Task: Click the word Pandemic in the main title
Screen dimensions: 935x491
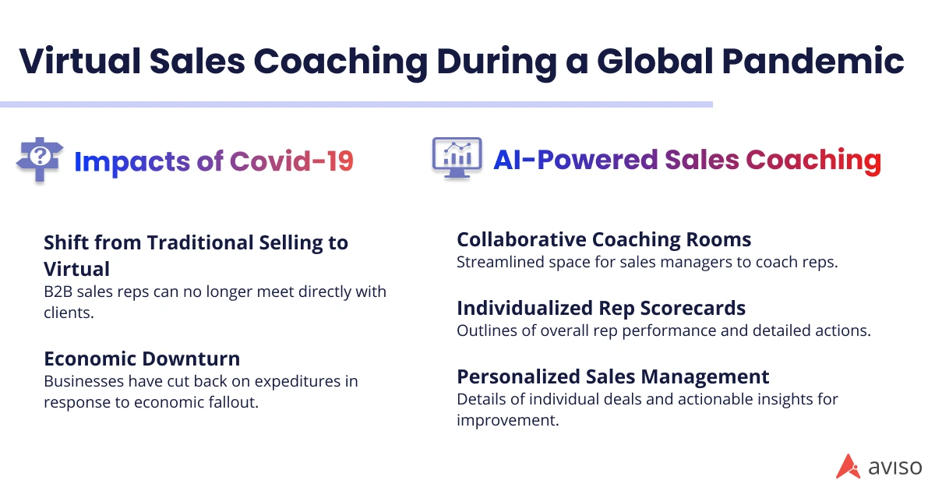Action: coord(812,61)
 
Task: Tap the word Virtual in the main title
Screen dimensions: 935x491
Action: coord(79,61)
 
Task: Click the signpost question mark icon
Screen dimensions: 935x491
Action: coord(40,160)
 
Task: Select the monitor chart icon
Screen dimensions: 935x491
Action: coord(457,158)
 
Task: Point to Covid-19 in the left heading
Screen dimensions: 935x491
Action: coord(291,161)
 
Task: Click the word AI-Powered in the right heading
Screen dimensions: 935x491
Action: coord(576,160)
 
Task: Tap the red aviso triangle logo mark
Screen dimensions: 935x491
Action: coord(848,466)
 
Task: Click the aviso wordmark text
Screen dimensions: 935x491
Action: coord(895,467)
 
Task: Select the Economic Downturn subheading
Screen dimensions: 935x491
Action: coord(142,359)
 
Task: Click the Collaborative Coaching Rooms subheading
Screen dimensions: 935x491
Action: coord(604,240)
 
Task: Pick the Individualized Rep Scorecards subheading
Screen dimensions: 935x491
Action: coord(601,309)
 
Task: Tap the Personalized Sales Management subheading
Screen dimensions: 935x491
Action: coord(612,377)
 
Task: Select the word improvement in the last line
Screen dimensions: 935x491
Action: coord(507,420)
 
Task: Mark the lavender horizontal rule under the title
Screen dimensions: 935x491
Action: coord(356,104)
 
